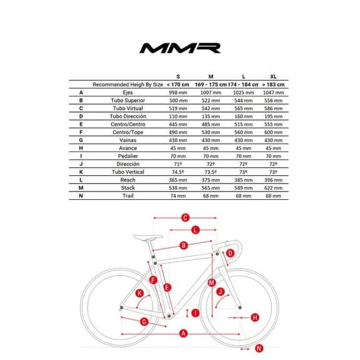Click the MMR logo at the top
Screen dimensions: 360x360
point(180,48)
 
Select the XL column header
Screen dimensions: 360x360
point(273,76)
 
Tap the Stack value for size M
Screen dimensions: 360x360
point(210,187)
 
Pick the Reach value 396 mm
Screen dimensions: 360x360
point(273,180)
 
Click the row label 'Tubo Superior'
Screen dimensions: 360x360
point(127,100)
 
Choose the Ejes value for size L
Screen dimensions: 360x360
point(242,92)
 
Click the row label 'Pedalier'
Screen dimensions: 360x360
point(127,156)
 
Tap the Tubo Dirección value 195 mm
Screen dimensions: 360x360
point(273,116)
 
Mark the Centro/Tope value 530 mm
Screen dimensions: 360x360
point(210,132)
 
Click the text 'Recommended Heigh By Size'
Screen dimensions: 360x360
point(127,84)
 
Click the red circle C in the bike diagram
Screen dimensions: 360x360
point(185,217)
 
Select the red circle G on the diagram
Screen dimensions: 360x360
point(144,321)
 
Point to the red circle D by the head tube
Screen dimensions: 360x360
point(230,253)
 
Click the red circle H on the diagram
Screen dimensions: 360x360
point(254,317)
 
